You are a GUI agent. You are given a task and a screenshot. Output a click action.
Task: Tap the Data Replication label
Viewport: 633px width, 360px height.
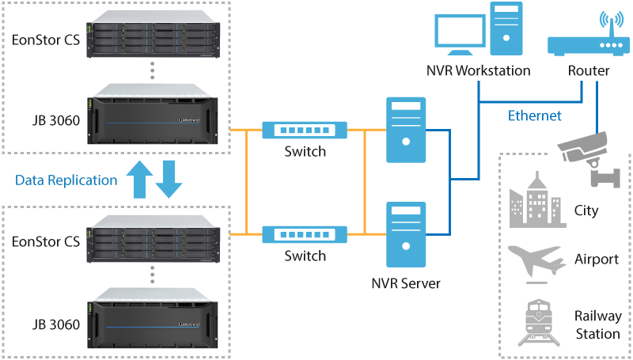(66, 180)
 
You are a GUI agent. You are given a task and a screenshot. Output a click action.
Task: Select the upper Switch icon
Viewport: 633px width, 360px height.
(305, 129)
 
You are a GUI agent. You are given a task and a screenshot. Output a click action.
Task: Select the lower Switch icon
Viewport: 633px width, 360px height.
(305, 233)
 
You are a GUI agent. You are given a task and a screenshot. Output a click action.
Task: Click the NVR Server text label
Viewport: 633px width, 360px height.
(405, 282)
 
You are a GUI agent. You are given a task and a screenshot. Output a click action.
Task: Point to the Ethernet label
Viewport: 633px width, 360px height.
(534, 116)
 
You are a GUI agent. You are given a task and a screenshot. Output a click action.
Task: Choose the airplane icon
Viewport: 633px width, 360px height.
(536, 260)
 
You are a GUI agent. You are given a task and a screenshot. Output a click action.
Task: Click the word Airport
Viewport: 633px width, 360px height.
(597, 260)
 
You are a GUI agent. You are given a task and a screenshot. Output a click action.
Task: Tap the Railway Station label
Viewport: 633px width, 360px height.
(597, 325)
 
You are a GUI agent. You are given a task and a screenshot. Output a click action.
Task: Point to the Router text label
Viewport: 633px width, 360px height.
(589, 71)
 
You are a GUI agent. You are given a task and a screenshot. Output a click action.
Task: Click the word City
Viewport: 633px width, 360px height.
(586, 210)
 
